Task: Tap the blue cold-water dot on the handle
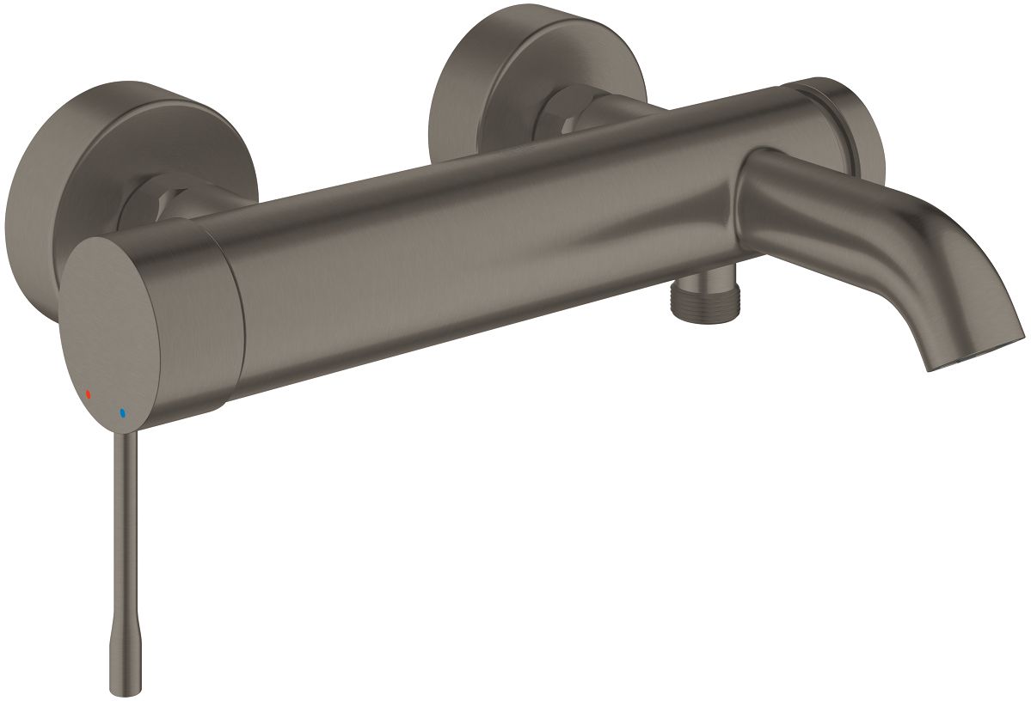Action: coord(123,413)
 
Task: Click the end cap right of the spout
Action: coord(851,129)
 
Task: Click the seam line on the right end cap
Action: coord(827,107)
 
